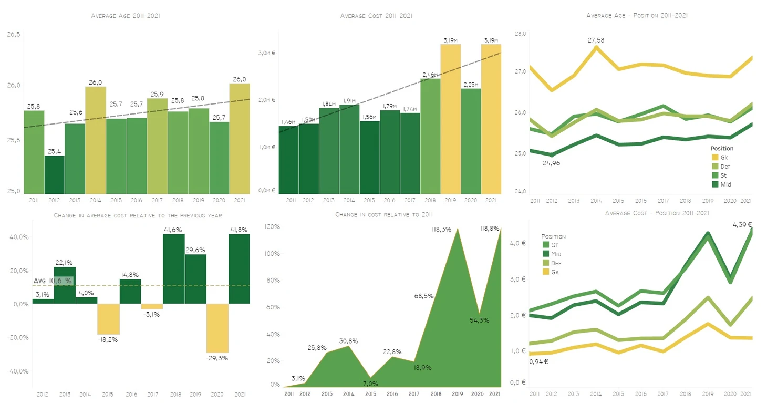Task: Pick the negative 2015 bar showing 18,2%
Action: (109, 319)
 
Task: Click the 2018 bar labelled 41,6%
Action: (173, 268)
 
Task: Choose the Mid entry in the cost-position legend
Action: (554, 254)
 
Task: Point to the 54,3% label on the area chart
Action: (479, 320)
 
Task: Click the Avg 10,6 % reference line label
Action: (53, 281)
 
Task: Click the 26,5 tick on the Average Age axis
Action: (13, 35)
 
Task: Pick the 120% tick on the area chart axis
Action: (272, 227)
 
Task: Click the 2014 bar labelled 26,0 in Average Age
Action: (95, 140)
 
